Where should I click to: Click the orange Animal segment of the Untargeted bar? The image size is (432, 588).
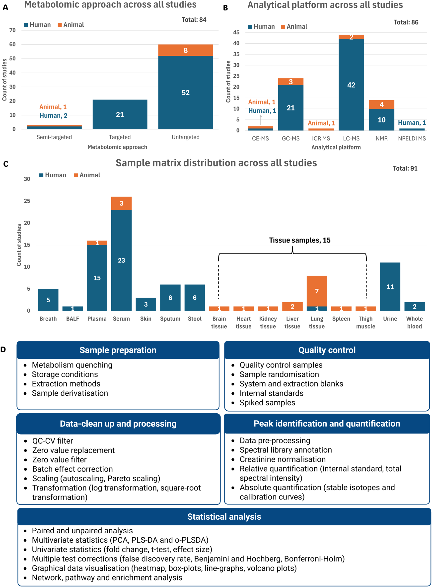pyautogui.click(x=185, y=50)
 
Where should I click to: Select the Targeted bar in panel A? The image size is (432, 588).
pyautogui.click(x=120, y=115)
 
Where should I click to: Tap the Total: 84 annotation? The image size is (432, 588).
pyautogui.click(x=194, y=20)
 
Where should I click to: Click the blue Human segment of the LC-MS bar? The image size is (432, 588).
pyautogui.click(x=351, y=85)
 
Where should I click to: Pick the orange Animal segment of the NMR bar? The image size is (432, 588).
pyautogui.click(x=381, y=105)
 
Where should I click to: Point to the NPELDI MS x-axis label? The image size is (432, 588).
pyautogui.click(x=412, y=138)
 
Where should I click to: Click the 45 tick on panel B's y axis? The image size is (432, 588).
pyautogui.click(x=236, y=32)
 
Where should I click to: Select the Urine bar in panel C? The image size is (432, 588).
pyautogui.click(x=390, y=286)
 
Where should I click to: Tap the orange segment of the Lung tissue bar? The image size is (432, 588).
pyautogui.click(x=316, y=291)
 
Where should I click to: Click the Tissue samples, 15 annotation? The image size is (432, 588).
pyautogui.click(x=300, y=240)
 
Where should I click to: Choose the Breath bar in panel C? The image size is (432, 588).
pyautogui.click(x=48, y=300)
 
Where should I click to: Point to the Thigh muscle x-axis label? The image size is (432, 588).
pyautogui.click(x=365, y=322)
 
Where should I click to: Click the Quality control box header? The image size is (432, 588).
pyautogui.click(x=327, y=350)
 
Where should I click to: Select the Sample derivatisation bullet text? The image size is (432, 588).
pyautogui.click(x=70, y=393)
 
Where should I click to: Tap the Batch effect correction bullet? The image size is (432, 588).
pyautogui.click(x=72, y=469)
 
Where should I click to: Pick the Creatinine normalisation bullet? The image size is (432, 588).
pyautogui.click(x=283, y=459)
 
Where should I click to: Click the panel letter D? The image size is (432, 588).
pyautogui.click(x=3, y=350)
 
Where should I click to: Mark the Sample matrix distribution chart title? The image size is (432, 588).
pyautogui.click(x=216, y=163)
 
